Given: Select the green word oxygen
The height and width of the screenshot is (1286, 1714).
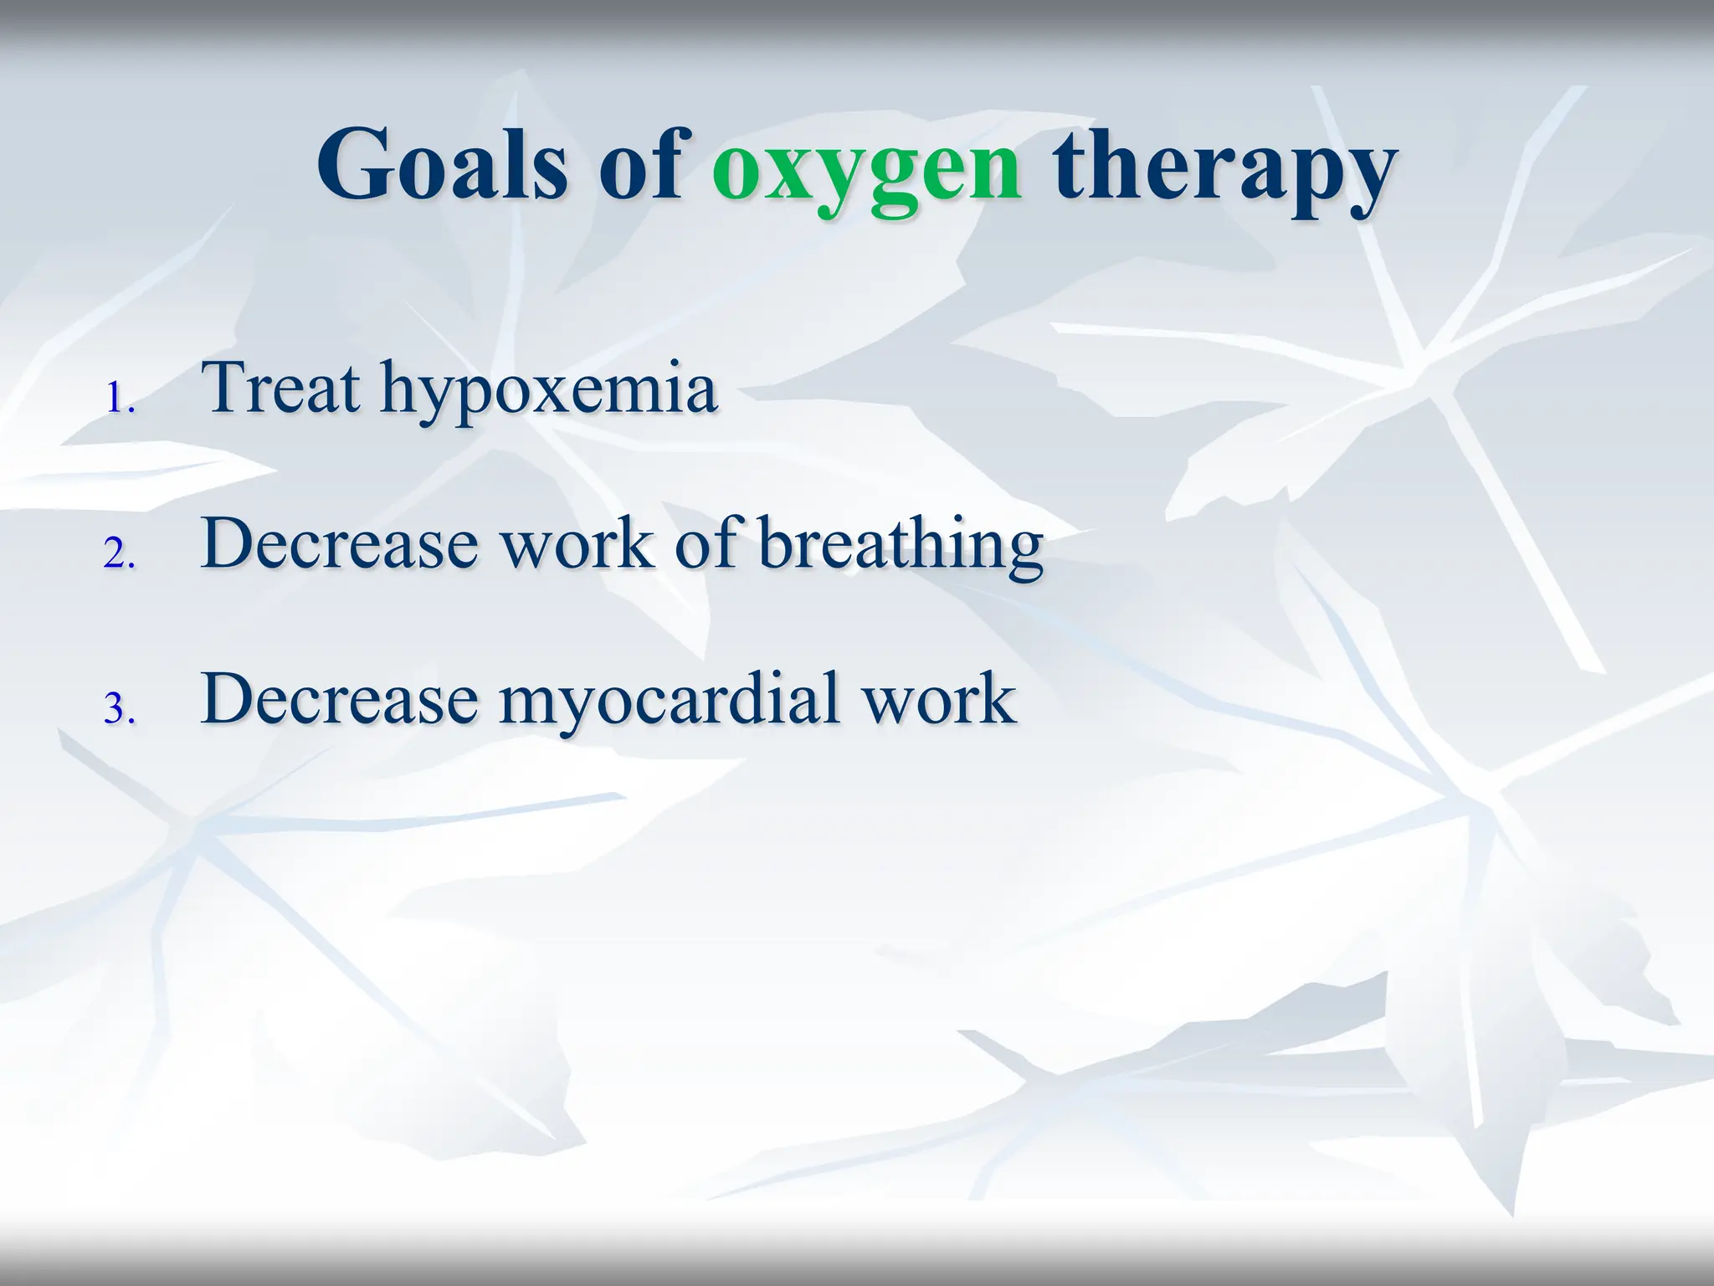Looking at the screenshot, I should [x=866, y=172].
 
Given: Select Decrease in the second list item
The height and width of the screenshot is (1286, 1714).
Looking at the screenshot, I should [x=339, y=543].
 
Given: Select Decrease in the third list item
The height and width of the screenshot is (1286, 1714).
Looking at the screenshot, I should [x=339, y=698].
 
